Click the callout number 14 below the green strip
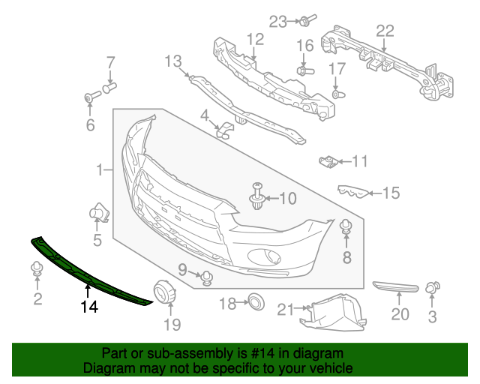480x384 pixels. (x=90, y=306)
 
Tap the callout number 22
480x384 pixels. (x=385, y=31)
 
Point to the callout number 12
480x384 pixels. (x=254, y=38)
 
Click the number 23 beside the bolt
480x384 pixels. (x=279, y=22)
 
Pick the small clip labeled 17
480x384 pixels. (x=337, y=95)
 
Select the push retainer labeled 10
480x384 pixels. (x=258, y=196)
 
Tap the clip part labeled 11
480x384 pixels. (x=328, y=160)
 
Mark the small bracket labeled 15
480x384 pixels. (x=355, y=191)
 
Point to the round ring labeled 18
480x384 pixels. (x=256, y=303)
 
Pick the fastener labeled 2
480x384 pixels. (x=36, y=269)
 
